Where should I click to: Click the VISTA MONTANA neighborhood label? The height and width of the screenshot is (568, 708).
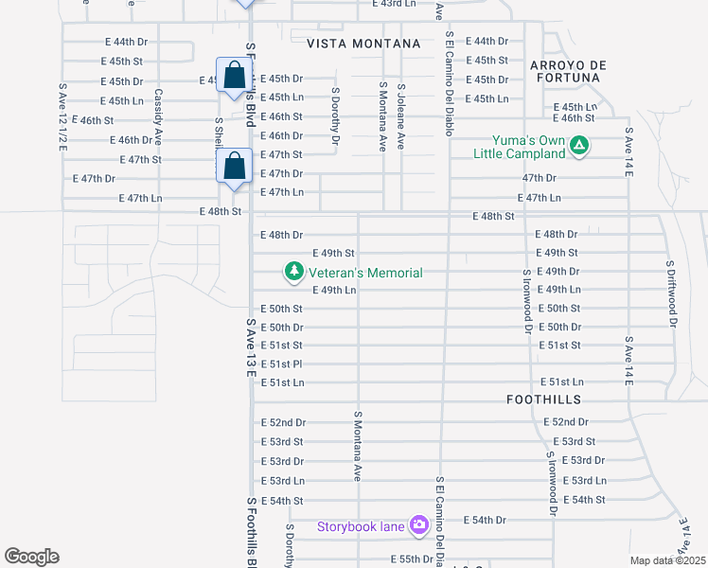363,44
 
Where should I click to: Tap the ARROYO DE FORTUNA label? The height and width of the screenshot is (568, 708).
566,71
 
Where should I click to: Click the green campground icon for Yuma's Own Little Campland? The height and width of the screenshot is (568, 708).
580,146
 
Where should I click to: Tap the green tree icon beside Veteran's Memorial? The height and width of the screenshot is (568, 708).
293,273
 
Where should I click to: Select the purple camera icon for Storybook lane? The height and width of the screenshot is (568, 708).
418,525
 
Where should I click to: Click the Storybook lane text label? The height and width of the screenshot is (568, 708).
361,526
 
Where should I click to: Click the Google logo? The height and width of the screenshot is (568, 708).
31,556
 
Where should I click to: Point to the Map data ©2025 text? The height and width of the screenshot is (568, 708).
667,560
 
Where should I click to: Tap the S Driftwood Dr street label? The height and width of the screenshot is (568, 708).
672,293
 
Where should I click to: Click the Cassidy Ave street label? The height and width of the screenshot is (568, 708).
159,114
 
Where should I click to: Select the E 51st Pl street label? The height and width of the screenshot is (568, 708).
281,364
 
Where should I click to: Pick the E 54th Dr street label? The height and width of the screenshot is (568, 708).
486,520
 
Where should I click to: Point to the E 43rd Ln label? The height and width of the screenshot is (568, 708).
394,4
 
